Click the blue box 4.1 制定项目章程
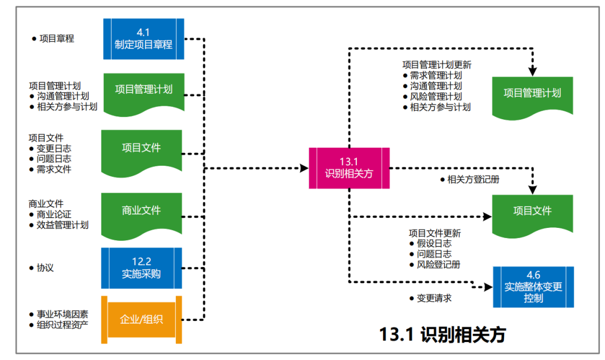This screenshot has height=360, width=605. click(143, 39)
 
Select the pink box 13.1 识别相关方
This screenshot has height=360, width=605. click(349, 168)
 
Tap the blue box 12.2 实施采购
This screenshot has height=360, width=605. click(141, 268)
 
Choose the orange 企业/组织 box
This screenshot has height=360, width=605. click(141, 320)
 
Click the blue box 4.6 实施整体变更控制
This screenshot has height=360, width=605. click(533, 287)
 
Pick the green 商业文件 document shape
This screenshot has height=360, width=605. click(141, 212)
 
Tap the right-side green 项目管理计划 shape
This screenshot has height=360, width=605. click(532, 94)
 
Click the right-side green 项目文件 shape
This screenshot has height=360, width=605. click(532, 213)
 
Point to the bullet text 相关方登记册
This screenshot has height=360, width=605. click(473, 180)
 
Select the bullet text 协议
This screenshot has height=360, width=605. click(45, 268)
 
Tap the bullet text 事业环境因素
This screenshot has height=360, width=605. click(62, 314)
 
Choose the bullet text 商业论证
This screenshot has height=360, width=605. click(54, 214)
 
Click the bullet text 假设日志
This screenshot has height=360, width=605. click(434, 244)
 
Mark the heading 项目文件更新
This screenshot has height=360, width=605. click(435, 233)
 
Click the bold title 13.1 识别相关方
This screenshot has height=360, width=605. click(442, 334)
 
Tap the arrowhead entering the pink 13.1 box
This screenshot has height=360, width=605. click(305, 168)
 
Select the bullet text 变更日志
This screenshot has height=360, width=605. click(54, 148)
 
